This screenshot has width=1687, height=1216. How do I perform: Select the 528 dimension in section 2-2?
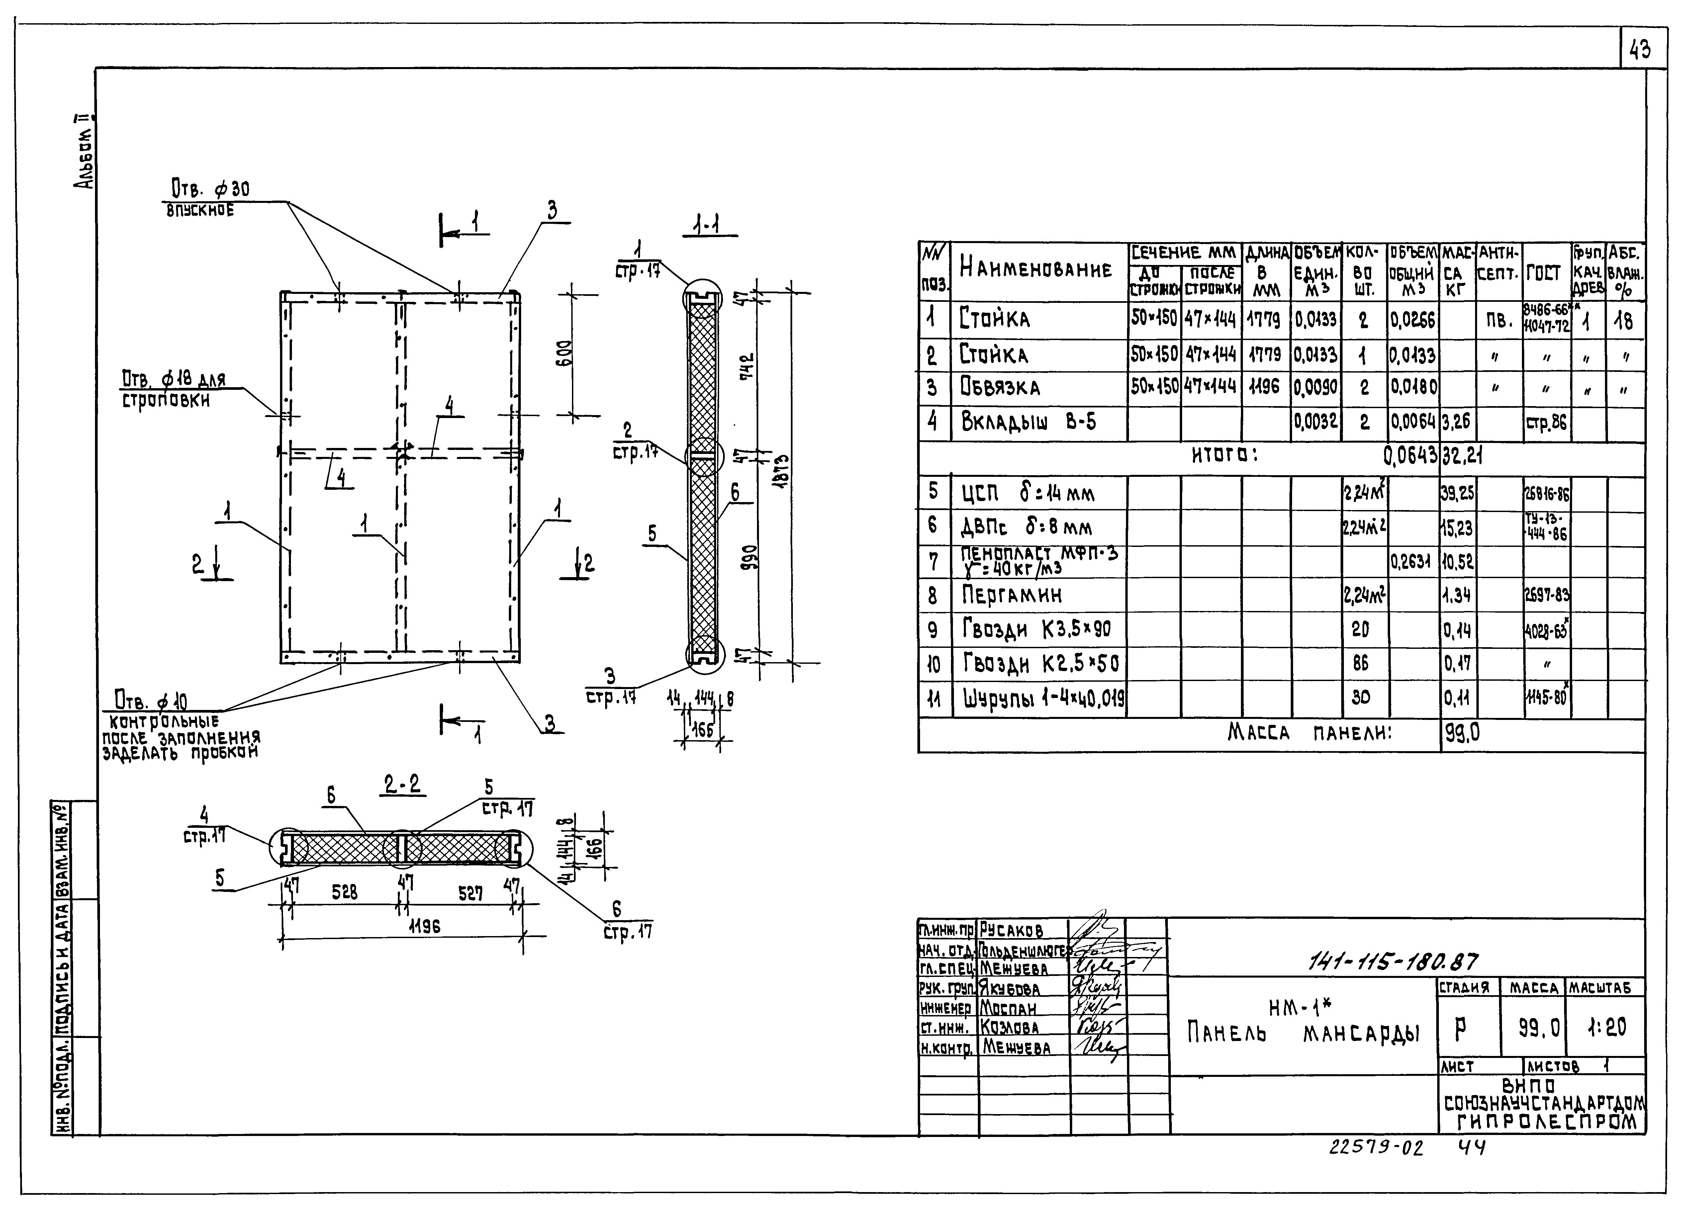(344, 892)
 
